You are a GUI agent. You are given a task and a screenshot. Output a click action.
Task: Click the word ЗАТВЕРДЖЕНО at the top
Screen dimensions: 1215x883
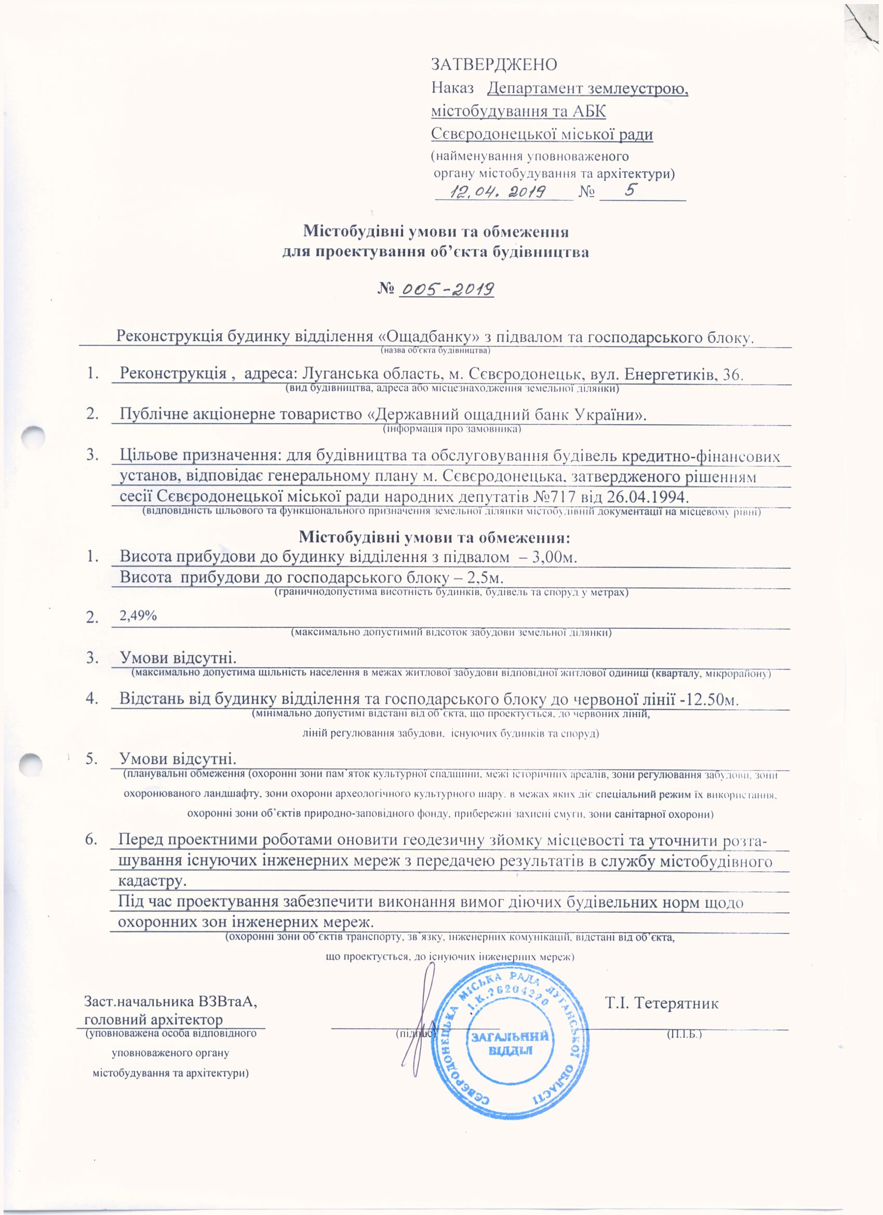494,64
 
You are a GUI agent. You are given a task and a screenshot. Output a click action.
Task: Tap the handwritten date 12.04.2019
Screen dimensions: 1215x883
498,191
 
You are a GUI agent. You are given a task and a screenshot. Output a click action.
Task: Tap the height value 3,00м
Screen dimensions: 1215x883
554,557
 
